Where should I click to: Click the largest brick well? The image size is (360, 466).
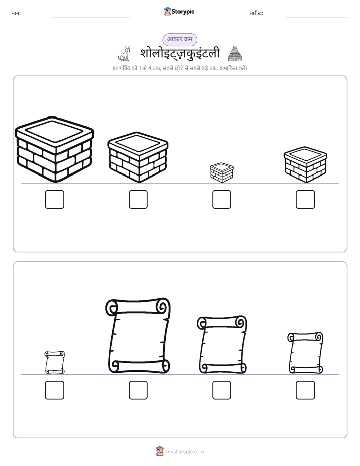pos(54,149)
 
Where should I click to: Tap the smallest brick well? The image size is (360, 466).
pos(221,172)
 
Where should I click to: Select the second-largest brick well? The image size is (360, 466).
pos(138,157)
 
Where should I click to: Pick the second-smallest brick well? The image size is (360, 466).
pos(306,164)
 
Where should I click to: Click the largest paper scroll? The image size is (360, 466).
pos(138,335)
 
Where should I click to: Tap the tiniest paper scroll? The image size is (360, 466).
pos(54,362)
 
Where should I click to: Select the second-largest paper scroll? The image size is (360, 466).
pos(221,344)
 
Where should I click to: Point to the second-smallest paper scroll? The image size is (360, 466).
pos(306,353)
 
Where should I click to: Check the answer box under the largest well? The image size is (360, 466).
pos(54,199)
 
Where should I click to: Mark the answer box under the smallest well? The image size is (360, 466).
pos(221,199)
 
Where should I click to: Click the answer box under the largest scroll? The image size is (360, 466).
pos(138,390)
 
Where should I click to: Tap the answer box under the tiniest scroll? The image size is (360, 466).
pos(54,390)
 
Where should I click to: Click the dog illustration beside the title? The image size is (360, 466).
pos(125,53)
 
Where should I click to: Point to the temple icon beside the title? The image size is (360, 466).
pos(235,53)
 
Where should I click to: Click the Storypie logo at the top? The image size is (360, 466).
pos(179,11)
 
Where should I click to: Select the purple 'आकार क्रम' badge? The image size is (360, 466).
pos(179,39)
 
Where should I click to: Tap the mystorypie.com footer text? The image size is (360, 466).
pos(185,452)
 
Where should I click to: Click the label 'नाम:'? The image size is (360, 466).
pos(16,13)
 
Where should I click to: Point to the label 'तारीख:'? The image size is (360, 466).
pos(256,13)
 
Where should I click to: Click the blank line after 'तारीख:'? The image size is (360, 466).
pos(317,17)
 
